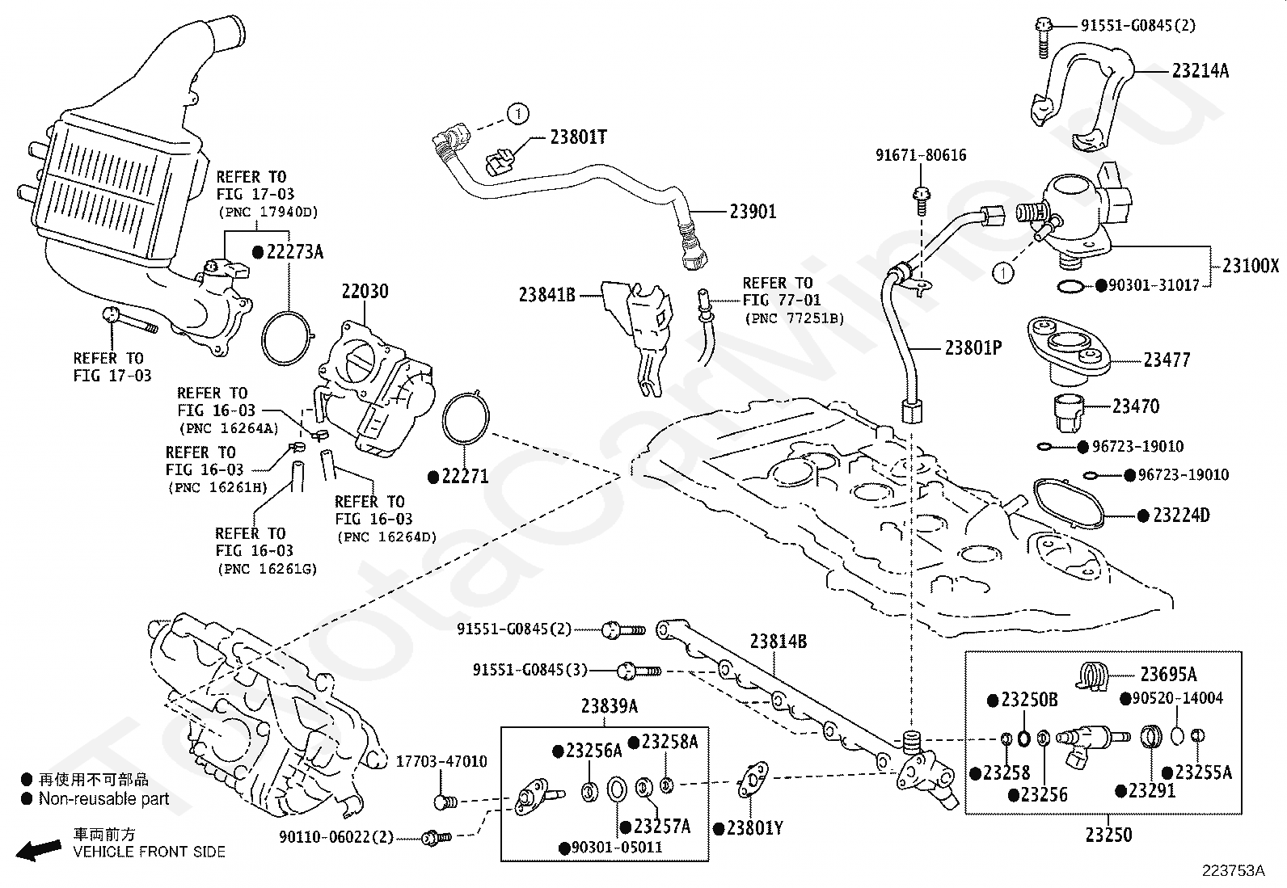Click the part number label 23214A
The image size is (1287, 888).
(x=1200, y=71)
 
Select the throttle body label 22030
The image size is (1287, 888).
(x=365, y=292)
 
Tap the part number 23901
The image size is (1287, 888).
(x=753, y=212)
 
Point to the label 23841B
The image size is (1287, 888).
(x=546, y=296)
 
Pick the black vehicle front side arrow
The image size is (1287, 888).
(x=40, y=849)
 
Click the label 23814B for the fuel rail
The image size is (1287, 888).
(x=778, y=642)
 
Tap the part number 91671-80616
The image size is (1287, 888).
(x=920, y=155)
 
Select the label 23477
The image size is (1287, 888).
(x=1167, y=360)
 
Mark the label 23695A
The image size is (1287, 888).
(x=1168, y=675)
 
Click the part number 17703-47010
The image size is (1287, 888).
(x=441, y=761)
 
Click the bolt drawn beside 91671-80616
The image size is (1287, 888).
(x=921, y=196)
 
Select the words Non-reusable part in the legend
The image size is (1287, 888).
(x=103, y=799)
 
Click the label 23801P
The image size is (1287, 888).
(x=973, y=348)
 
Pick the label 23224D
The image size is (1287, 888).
(x=1181, y=516)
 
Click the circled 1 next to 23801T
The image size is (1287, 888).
(x=518, y=114)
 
